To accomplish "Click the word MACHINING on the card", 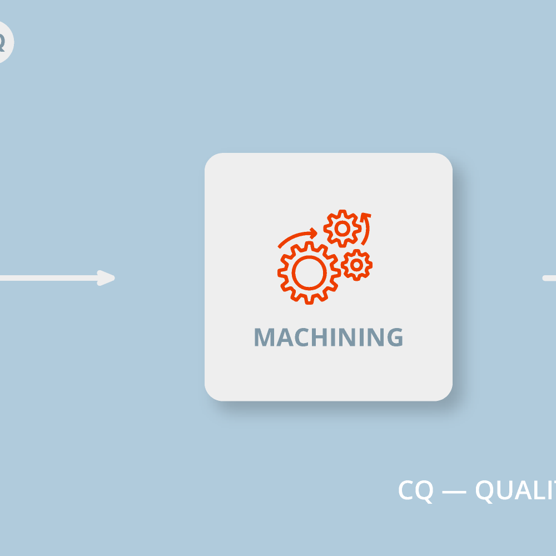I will [x=328, y=337].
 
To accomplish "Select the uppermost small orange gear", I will [x=342, y=228].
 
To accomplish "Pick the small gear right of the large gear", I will [x=356, y=265].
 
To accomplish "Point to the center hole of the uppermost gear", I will [x=342, y=228].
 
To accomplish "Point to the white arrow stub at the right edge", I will [x=549, y=278].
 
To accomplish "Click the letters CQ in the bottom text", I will [x=415, y=490].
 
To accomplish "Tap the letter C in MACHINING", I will [x=300, y=337].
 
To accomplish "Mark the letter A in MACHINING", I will [x=283, y=337].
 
